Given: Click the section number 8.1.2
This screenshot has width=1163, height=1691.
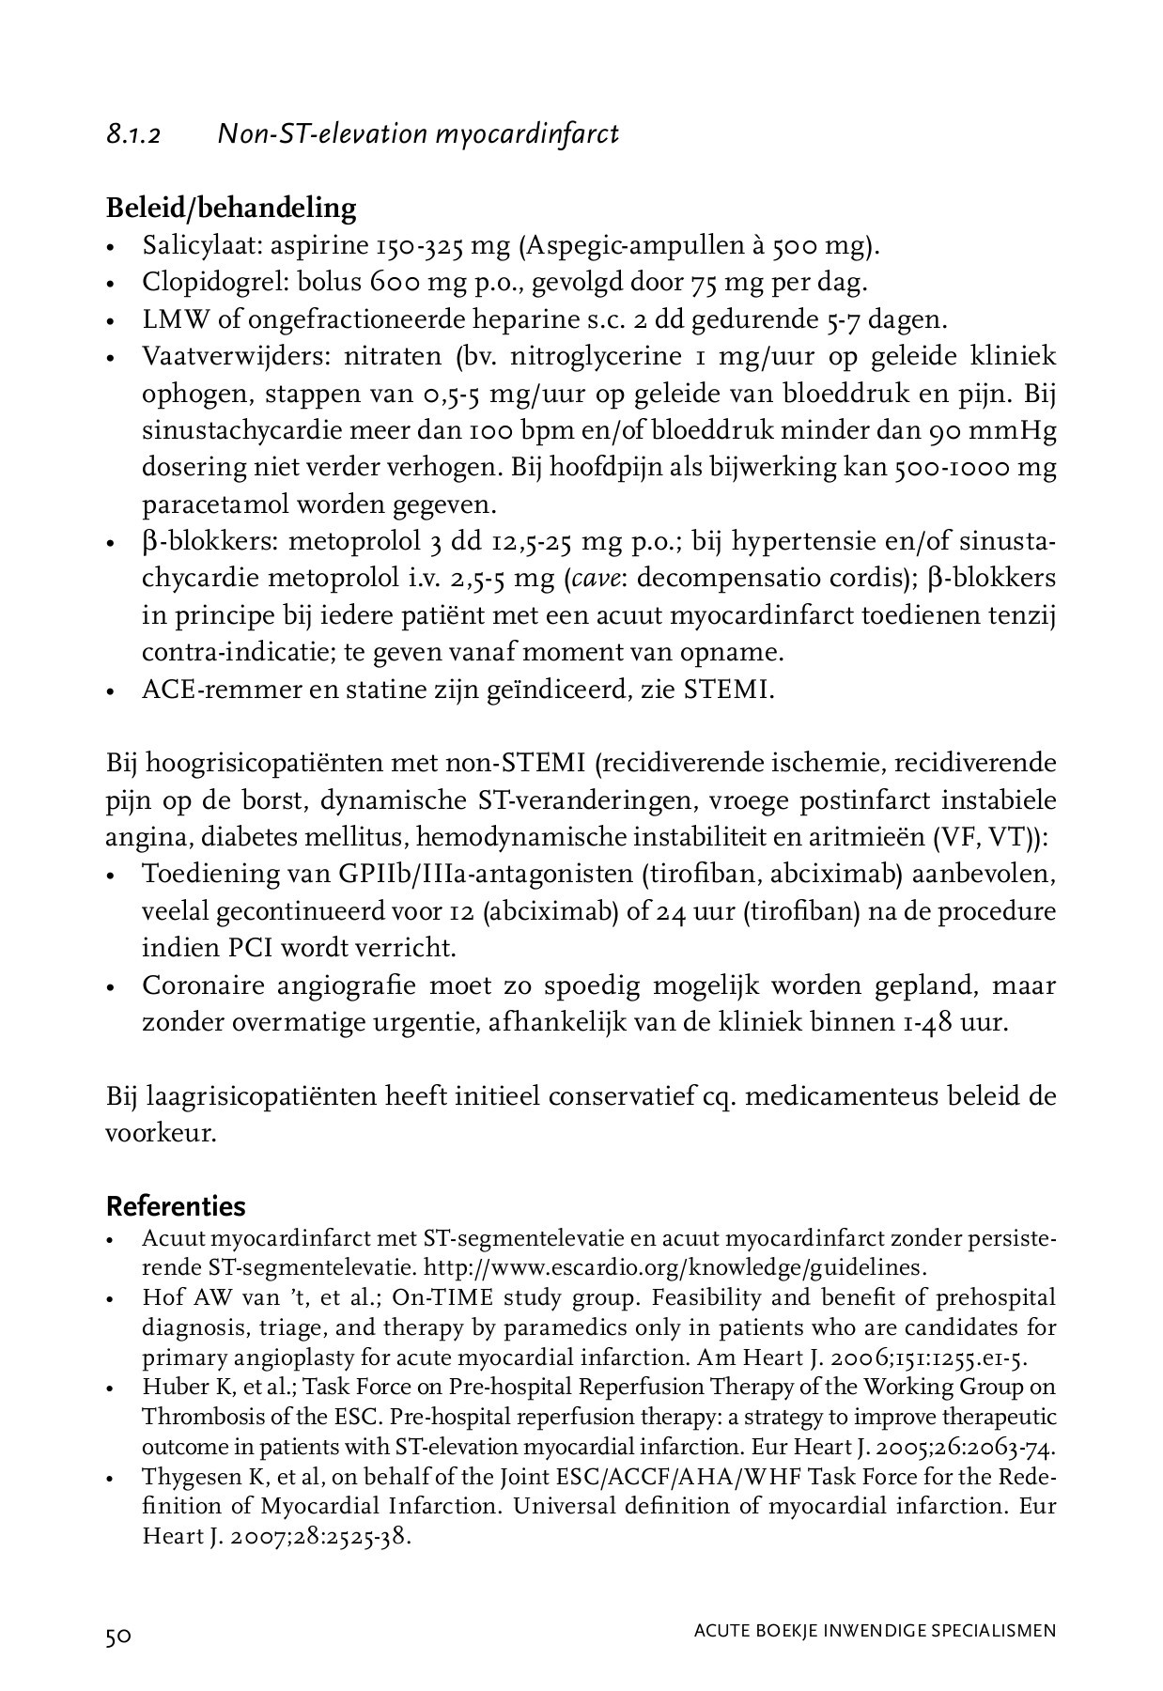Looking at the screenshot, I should pyautogui.click(x=133, y=135).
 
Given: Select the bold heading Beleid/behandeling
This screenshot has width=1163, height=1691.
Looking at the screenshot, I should pyautogui.click(x=231, y=208).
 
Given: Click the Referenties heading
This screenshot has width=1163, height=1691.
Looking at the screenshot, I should pyautogui.click(x=176, y=1206).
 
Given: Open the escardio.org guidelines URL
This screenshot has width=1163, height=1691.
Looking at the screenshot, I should pyautogui.click(x=675, y=1267).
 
